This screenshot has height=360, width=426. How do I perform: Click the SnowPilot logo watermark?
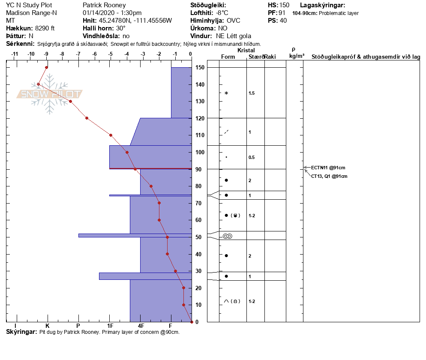point(50,94)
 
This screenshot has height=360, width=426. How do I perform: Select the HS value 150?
point(284,5)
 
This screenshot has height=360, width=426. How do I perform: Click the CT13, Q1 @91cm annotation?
point(329,176)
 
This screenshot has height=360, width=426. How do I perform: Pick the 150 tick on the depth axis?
point(200,68)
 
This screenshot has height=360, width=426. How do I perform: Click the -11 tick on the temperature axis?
point(15,54)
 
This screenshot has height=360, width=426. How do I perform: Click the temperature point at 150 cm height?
point(47,67)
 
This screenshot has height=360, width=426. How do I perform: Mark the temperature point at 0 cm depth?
point(191,322)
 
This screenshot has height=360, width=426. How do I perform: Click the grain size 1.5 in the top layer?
point(252,93)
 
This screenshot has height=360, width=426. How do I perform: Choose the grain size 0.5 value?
point(252,157)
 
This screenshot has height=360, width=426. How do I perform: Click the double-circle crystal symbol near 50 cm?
point(227,236)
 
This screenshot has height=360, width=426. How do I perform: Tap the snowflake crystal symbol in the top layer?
point(226,93)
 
